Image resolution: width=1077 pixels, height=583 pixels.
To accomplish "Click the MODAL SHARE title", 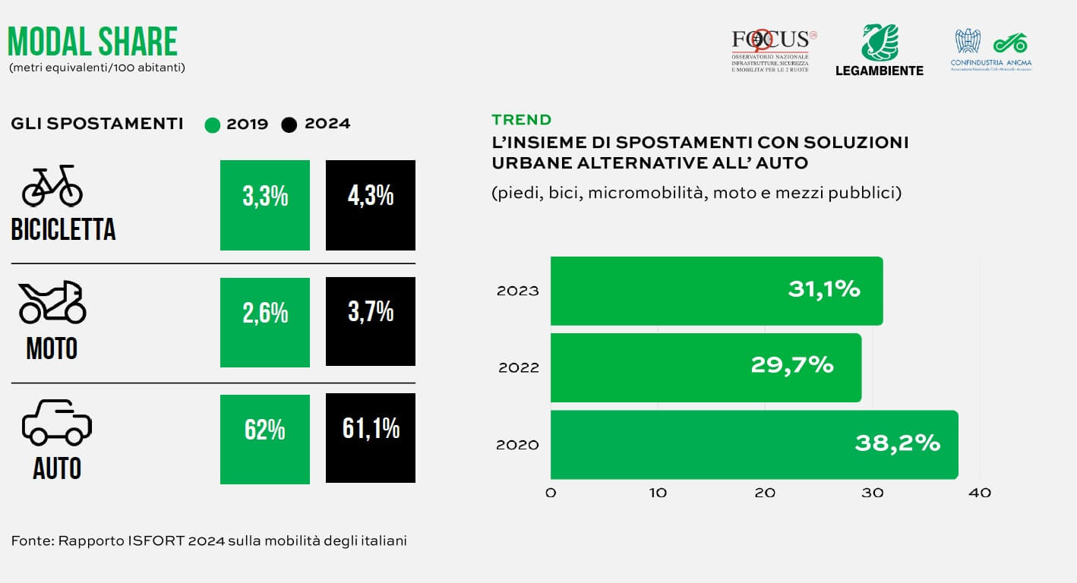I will (x=93, y=42).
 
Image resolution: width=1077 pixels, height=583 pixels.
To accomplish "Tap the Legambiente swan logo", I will (x=879, y=44).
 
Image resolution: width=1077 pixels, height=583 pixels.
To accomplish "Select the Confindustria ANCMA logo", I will (x=991, y=49).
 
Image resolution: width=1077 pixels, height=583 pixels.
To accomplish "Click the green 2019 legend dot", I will (x=213, y=124).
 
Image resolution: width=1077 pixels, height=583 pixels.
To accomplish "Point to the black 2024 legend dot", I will (x=289, y=124).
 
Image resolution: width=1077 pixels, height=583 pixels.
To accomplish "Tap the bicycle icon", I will (x=52, y=186).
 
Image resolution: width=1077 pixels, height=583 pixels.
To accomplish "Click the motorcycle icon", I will (x=52, y=302).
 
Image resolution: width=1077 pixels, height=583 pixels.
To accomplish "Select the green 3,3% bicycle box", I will (x=265, y=205).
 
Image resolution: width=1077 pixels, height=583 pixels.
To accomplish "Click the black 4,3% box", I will (x=371, y=205).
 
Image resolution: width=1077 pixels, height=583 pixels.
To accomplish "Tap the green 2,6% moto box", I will (x=265, y=322).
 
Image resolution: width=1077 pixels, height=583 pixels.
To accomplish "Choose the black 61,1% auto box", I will (x=371, y=438).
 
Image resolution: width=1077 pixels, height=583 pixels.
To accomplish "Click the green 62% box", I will (x=265, y=439).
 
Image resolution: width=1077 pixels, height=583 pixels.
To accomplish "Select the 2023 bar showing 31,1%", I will (x=716, y=291).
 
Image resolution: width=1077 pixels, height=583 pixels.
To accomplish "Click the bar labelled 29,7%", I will (x=706, y=367).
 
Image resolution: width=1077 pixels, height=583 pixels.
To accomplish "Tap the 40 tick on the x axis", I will (x=980, y=493).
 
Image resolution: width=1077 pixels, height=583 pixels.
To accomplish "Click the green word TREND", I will (x=521, y=120).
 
